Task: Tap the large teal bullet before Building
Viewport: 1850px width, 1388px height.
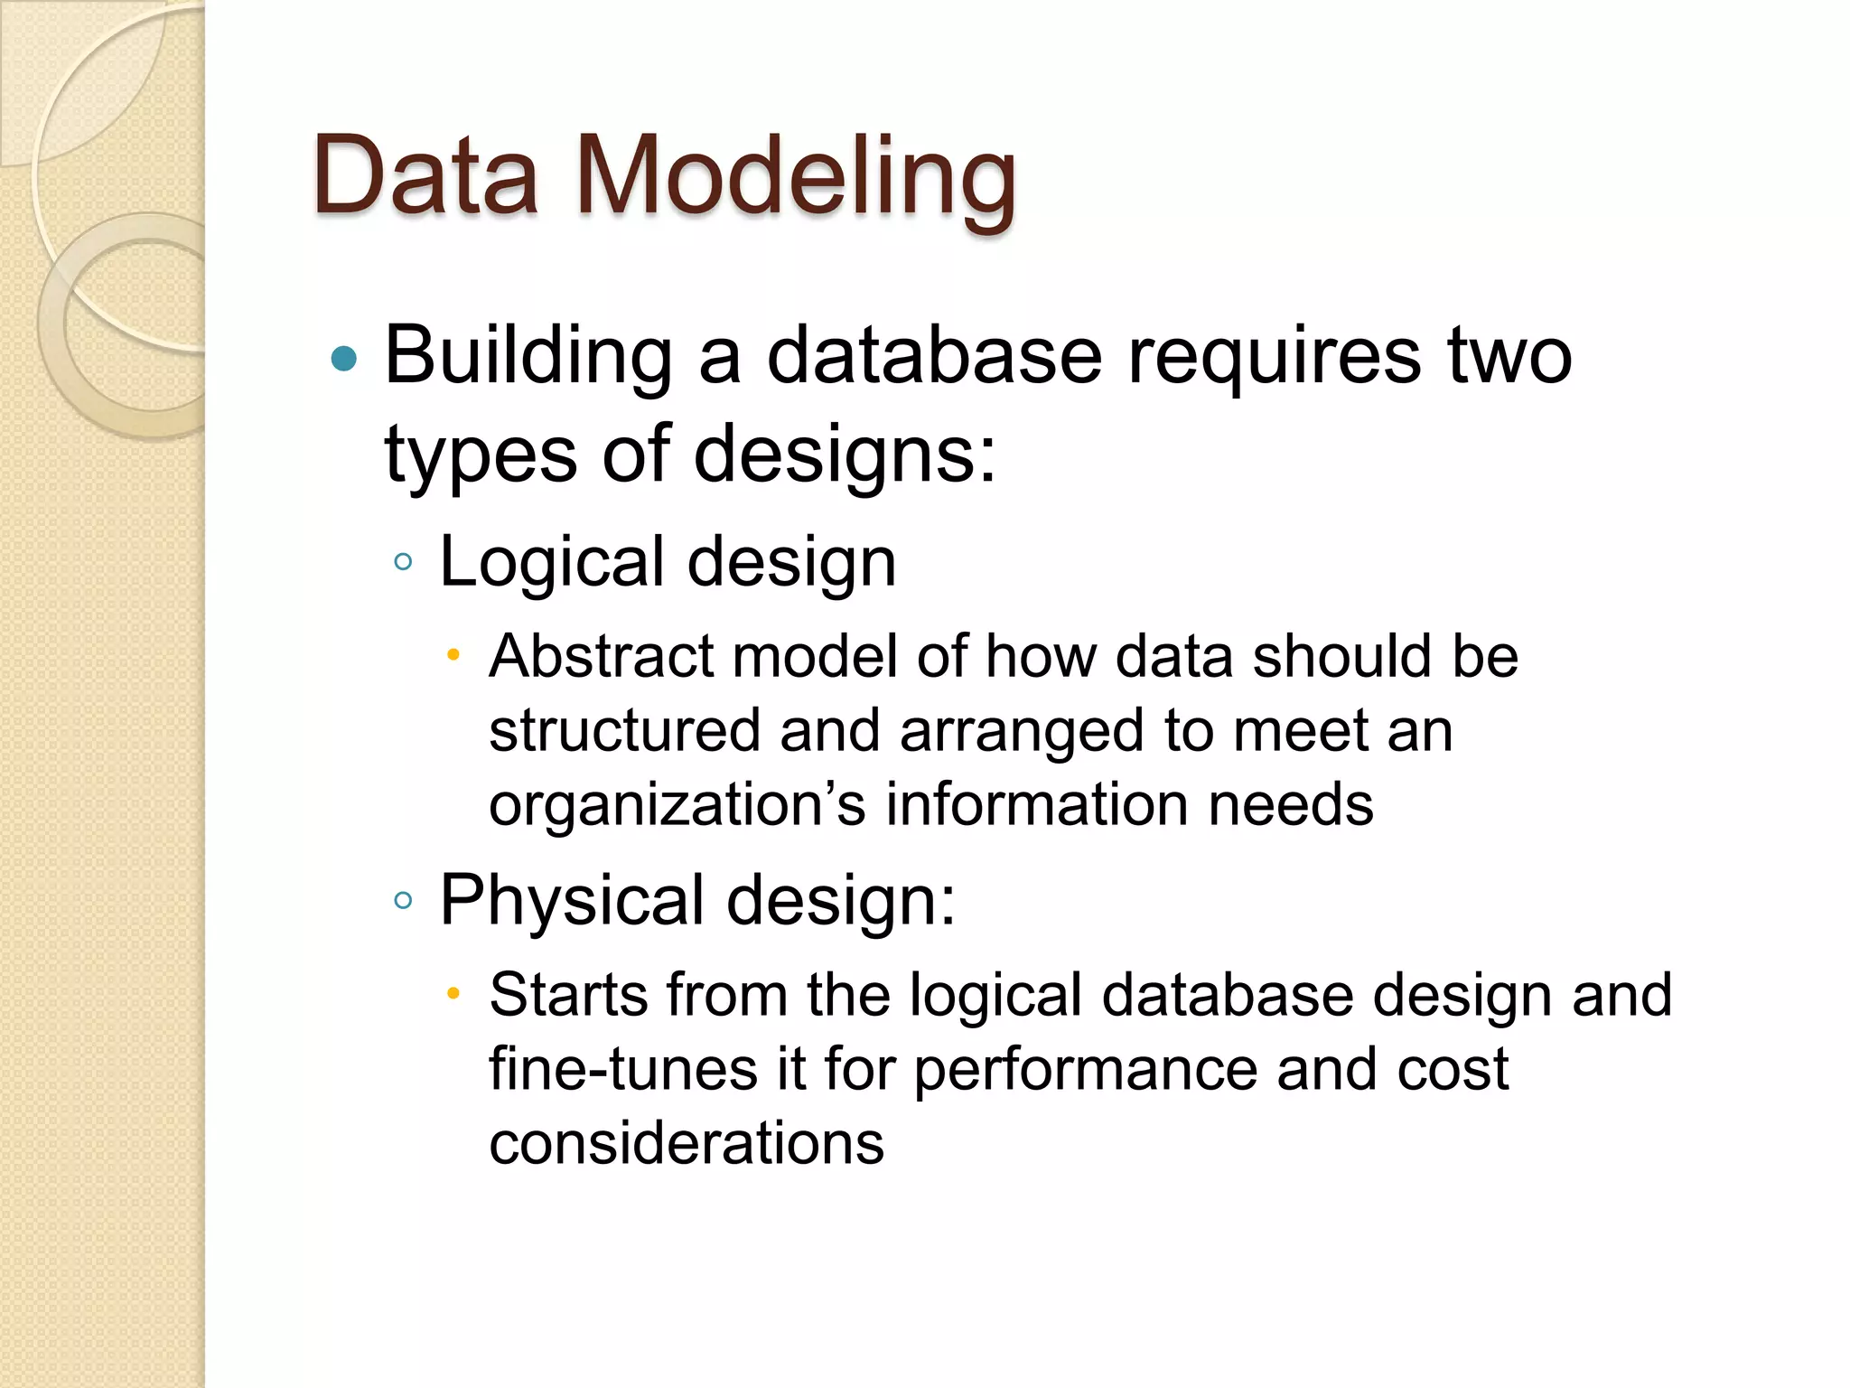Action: [x=344, y=360]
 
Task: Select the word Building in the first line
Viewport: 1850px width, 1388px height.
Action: [x=529, y=357]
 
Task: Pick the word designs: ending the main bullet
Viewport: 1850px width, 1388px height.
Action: [x=845, y=456]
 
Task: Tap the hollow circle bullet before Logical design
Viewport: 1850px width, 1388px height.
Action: [x=404, y=562]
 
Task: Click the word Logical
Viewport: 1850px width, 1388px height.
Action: [x=551, y=562]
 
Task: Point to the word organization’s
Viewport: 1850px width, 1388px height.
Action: [x=677, y=804]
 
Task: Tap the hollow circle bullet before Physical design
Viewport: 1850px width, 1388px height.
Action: [x=404, y=900]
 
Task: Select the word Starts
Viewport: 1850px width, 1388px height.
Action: [x=568, y=995]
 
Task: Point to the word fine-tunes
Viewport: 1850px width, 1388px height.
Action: [x=623, y=1069]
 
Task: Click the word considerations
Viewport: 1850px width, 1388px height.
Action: [x=687, y=1143]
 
